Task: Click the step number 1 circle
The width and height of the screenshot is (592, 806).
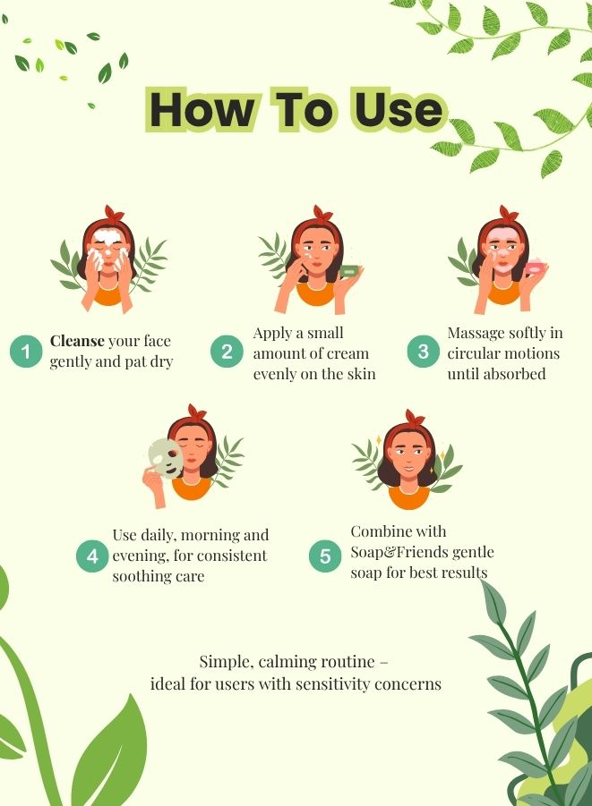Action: [26, 352]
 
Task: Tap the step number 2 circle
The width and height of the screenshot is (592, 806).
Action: [227, 352]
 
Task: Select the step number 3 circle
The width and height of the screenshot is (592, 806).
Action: [423, 352]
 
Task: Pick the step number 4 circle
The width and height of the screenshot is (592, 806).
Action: [92, 556]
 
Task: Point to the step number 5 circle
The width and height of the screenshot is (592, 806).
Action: [324, 556]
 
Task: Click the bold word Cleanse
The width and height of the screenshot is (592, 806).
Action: [78, 341]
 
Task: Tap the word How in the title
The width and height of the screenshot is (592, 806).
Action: [199, 110]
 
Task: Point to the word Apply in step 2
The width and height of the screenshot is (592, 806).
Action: [272, 334]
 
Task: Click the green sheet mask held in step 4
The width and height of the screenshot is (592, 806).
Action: [166, 458]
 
